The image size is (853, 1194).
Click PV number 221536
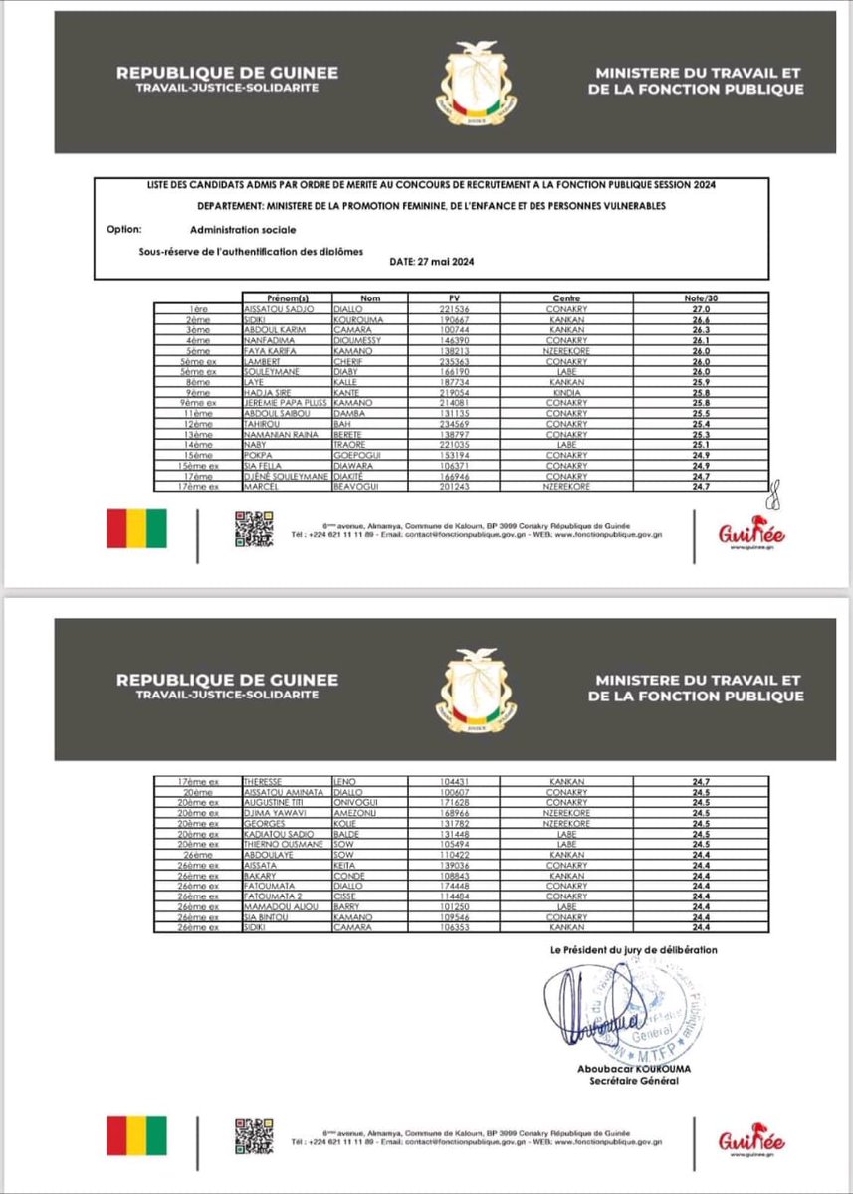point(453,308)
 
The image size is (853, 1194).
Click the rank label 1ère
point(199,308)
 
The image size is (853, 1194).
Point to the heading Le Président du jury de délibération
point(633,950)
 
